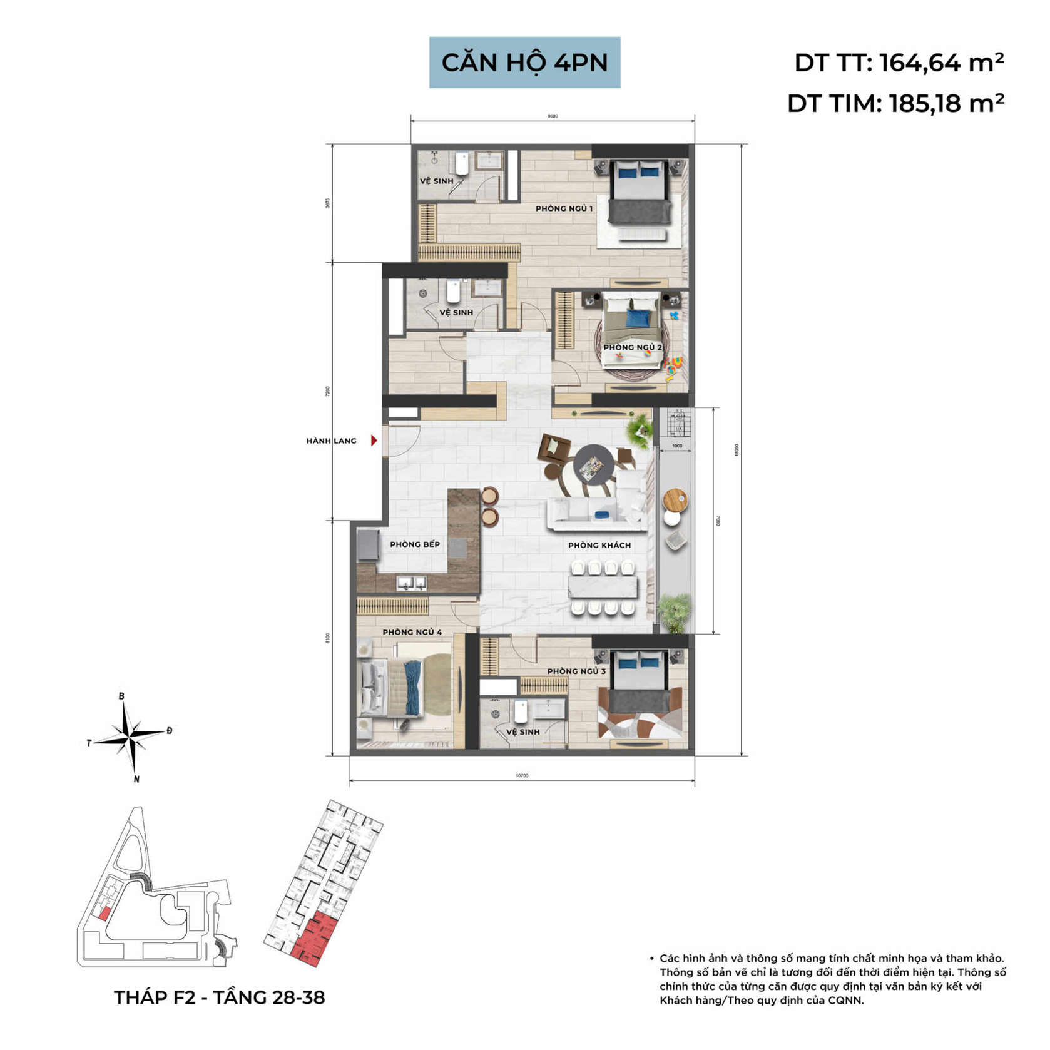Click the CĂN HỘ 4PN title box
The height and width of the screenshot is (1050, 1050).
pos(524,63)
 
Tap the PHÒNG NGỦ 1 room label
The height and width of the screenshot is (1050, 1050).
pos(564,208)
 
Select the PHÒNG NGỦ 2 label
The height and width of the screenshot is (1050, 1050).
pos(632,347)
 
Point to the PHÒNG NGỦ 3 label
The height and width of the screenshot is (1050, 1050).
pos(576,671)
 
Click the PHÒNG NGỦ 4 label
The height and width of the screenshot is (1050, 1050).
pos(412,632)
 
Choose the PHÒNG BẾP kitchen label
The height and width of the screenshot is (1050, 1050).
pos(415,544)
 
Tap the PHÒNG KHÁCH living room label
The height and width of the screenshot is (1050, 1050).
pos(599,545)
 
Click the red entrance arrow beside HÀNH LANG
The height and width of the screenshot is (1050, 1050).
pos(374,441)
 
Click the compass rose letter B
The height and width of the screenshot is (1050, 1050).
pos(122,696)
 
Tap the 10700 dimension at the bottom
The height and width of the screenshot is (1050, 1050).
pos(522,776)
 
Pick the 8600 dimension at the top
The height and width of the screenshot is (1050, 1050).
pos(552,116)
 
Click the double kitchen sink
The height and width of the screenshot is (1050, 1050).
pos(412,583)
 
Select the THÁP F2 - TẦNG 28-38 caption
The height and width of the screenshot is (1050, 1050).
pos(219,997)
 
